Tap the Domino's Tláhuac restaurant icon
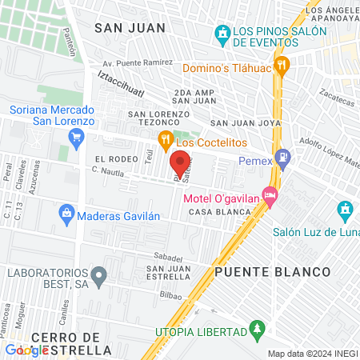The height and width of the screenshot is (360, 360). pyautogui.click(x=280, y=66)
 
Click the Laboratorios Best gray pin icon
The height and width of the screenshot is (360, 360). pyautogui.click(x=99, y=277)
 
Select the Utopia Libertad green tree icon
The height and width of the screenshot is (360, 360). pyautogui.click(x=256, y=330)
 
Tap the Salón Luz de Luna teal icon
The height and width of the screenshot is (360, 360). pyautogui.click(x=345, y=210)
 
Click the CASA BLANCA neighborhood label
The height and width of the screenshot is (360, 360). pyautogui.click(x=215, y=213)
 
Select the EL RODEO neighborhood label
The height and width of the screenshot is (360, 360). pyautogui.click(x=111, y=160)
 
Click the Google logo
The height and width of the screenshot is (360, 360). pyautogui.click(x=26, y=350)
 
